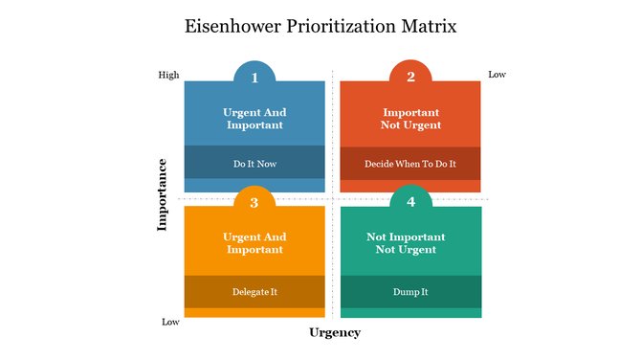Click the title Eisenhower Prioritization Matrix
point(320,26)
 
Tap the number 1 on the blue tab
point(254,78)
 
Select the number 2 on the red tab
point(410,78)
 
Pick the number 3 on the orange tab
point(254,202)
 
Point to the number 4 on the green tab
point(410,202)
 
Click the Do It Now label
point(254,164)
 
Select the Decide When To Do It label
point(410,164)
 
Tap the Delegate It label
point(254,291)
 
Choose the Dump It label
point(410,291)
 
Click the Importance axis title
point(163,194)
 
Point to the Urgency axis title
point(335,332)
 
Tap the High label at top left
point(168,75)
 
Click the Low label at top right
point(497,75)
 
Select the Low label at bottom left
point(170,322)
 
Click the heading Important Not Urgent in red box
point(410,119)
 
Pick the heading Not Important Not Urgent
point(410,243)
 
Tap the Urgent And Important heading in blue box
point(254,119)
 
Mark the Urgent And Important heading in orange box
point(254,243)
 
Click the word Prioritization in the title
point(343,26)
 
